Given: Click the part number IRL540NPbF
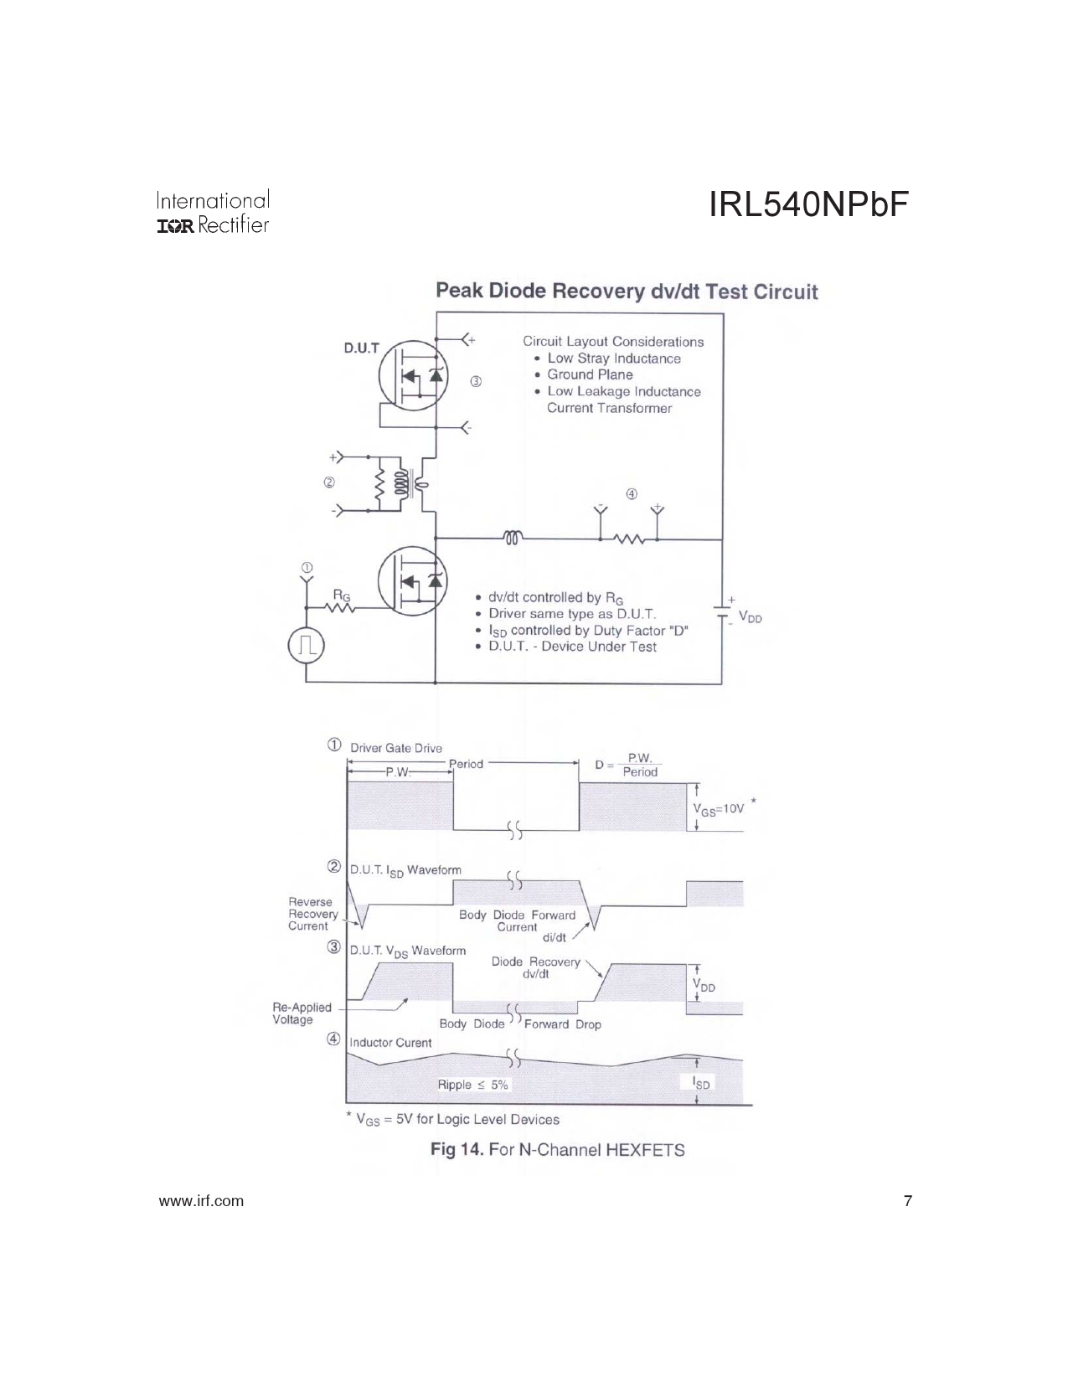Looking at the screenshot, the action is coord(808,204).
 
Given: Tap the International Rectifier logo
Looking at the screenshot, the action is coord(213,212).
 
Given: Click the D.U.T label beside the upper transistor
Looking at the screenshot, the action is coord(361,348).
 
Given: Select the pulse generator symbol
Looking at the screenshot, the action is coord(307,646).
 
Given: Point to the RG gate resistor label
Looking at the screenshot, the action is coord(342,596).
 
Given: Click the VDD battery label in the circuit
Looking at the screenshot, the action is coord(750,616).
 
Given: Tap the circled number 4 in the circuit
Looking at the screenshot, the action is coord(631,494).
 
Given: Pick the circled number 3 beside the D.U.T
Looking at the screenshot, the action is coord(476,382).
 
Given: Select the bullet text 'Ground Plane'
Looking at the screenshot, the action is coord(590,374).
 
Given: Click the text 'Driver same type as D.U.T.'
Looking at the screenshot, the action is coord(572,614).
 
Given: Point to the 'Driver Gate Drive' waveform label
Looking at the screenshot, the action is coord(395,748).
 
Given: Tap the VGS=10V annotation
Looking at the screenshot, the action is coord(718,809).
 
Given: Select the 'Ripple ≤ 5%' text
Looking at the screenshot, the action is coord(472,1085).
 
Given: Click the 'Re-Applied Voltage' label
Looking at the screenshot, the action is coord(302,1013).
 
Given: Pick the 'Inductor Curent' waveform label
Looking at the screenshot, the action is coord(390,1043).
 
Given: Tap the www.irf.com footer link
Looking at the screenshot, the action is coord(201,1201).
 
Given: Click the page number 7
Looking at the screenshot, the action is coord(908,1201).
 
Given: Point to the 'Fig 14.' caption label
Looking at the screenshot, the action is coord(457,1149).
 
